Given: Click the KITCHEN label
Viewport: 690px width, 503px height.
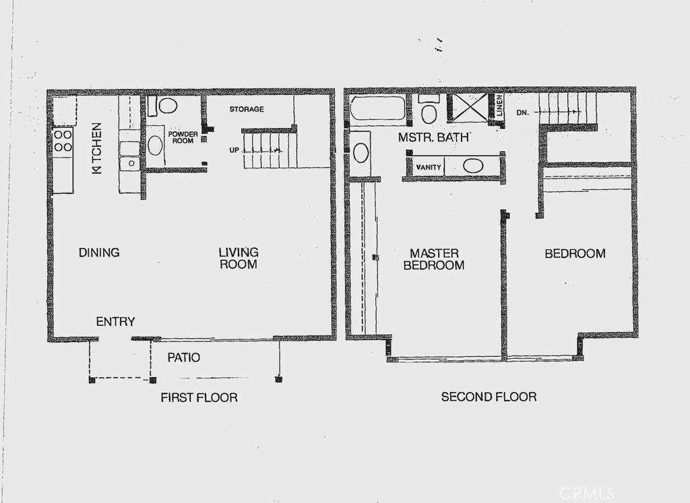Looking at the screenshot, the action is [97, 147].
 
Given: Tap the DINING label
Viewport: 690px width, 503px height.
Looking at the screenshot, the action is [99, 253].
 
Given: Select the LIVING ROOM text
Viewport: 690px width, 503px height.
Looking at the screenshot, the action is [239, 258].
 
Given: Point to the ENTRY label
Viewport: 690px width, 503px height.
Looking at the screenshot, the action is [115, 322].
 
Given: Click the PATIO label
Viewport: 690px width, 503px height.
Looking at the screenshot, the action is [183, 358].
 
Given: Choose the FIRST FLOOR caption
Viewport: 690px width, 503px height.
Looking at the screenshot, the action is [199, 397].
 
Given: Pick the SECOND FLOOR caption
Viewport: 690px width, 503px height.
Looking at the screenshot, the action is [489, 397].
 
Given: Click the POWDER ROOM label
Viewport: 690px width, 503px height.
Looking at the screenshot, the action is [183, 137].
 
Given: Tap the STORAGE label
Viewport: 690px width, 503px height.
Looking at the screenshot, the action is [247, 109].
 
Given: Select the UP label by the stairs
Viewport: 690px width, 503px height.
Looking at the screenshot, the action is [234, 150].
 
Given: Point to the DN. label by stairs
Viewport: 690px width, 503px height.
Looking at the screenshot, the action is [522, 112].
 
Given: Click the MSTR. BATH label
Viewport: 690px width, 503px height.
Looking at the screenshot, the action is [433, 137].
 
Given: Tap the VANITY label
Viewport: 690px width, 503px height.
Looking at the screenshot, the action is [428, 167].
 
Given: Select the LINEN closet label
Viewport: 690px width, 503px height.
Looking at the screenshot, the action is [499, 106].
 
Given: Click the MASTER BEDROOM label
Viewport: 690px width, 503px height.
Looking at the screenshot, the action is [434, 259].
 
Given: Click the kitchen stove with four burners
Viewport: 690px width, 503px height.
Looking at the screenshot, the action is [63, 141].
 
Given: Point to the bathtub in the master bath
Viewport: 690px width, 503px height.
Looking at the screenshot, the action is [378, 108].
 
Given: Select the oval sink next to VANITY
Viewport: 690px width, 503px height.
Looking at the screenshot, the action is [473, 166].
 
